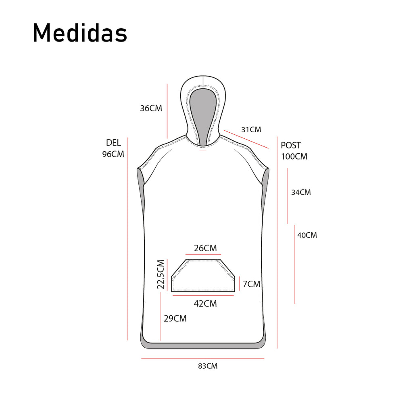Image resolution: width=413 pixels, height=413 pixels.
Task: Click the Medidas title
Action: (80, 33)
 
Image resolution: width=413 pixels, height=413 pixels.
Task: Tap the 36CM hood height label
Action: (151, 108)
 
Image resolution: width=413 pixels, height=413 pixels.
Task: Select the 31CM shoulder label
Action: (251, 130)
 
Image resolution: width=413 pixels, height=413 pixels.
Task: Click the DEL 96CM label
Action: (113, 148)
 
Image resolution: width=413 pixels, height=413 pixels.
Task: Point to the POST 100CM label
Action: (294, 151)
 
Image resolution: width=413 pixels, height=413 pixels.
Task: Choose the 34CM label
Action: (301, 192)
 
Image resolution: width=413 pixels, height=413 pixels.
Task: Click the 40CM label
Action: (307, 235)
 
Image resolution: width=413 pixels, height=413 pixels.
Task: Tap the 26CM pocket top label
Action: (205, 248)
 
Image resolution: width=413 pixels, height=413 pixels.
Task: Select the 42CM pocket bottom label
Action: (205, 304)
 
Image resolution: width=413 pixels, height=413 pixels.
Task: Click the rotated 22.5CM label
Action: (161, 274)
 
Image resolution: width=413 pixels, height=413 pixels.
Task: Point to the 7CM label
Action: (251, 284)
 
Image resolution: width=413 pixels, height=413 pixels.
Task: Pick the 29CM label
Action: (175, 319)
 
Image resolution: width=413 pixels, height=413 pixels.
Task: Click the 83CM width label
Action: (208, 366)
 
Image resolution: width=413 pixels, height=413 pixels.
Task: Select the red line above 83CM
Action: (202, 358)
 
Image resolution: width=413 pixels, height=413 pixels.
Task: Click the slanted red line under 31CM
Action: (246, 139)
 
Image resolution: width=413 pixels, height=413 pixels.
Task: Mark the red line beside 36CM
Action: (167, 111)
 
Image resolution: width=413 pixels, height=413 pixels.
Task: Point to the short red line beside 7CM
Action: (240, 284)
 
